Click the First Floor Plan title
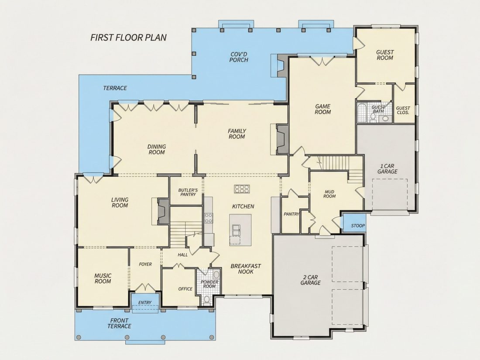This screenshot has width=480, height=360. tap(129, 38)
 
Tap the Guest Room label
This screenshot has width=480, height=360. tap(385, 55)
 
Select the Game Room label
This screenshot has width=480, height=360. tap(322, 109)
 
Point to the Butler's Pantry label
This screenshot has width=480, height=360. tap(188, 192)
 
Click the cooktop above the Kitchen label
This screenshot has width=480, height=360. tap(242, 189)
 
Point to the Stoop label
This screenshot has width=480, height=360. tap(358, 226)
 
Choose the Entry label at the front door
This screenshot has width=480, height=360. tap(145, 302)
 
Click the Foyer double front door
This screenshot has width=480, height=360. tap(145, 288)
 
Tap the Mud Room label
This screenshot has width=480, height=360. tap(329, 194)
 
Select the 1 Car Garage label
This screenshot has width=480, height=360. tap(387, 169)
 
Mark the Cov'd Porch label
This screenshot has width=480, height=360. tap(239, 57)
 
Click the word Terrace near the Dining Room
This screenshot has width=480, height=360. tap(115, 88)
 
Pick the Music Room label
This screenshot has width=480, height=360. tap(103, 278)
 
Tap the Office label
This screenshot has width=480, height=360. tap(185, 289)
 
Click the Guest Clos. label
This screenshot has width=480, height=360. tap(403, 110)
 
